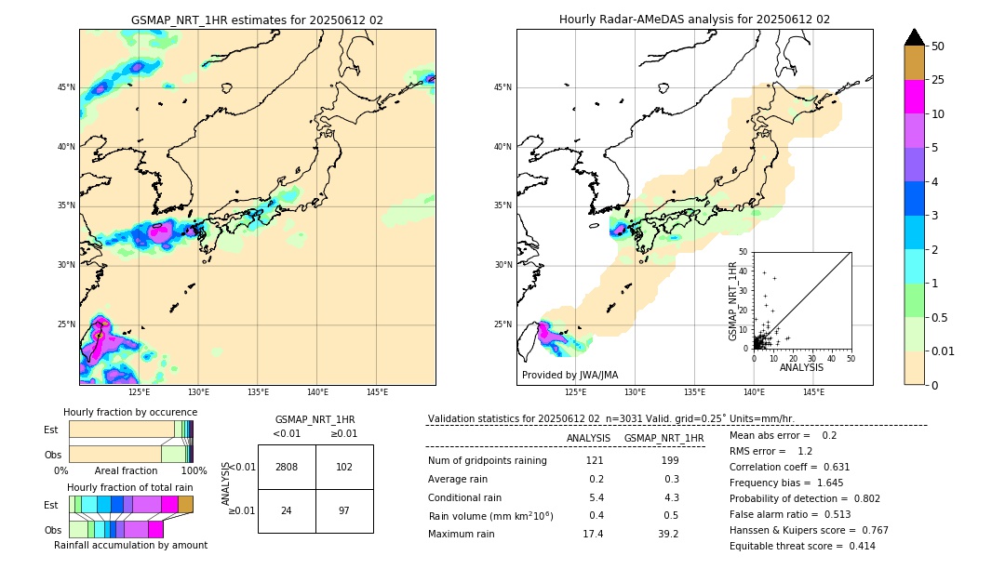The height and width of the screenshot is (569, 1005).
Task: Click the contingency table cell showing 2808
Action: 287,467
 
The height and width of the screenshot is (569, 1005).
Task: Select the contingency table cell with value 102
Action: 344,467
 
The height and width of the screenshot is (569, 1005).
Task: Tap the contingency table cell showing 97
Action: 344,510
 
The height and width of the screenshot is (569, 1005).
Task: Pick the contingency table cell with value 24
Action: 287,510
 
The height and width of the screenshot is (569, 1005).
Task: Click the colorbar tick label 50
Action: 938,46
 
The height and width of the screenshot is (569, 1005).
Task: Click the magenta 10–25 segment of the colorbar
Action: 915,97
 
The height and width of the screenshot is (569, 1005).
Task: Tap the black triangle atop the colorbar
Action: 915,37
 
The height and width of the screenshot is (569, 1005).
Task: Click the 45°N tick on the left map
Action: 64,87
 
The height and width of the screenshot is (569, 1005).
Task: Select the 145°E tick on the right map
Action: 813,392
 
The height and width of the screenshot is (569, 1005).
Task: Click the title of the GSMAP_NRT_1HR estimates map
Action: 257,20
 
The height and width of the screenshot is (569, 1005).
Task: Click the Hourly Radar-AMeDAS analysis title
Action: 694,20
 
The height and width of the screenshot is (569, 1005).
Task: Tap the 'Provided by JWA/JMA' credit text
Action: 569,376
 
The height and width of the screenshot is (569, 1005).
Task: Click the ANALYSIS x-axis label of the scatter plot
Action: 801,368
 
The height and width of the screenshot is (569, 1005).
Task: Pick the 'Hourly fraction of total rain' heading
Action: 130,487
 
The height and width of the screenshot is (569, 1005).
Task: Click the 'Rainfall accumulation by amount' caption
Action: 130,545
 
